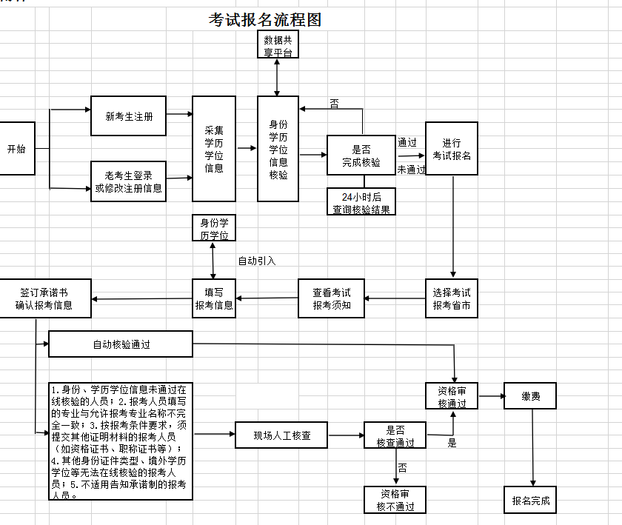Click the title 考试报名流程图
pyautogui.click(x=265, y=20)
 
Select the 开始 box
pyautogui.click(x=16, y=148)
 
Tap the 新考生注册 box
pyautogui.click(x=129, y=116)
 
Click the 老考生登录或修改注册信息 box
pyautogui.click(x=129, y=181)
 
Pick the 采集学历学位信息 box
pyautogui.click(x=214, y=149)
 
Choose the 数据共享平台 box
pyautogui.click(x=278, y=46)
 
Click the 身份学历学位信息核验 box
pyautogui.click(x=278, y=149)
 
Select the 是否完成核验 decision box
pyautogui.click(x=361, y=156)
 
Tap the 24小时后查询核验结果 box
pyautogui.click(x=361, y=202)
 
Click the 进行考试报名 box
pyautogui.click(x=451, y=149)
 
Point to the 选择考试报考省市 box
pyautogui.click(x=451, y=298)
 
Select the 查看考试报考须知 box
pyautogui.click(x=332, y=298)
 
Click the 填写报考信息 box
pyautogui.click(x=214, y=298)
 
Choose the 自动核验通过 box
pyautogui.click(x=121, y=344)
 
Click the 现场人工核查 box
pyautogui.click(x=281, y=435)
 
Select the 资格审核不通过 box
pyautogui.click(x=395, y=500)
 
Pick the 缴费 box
pyautogui.click(x=529, y=396)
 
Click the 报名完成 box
pyautogui.click(x=530, y=500)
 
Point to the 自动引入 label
pyautogui.click(x=256, y=261)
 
